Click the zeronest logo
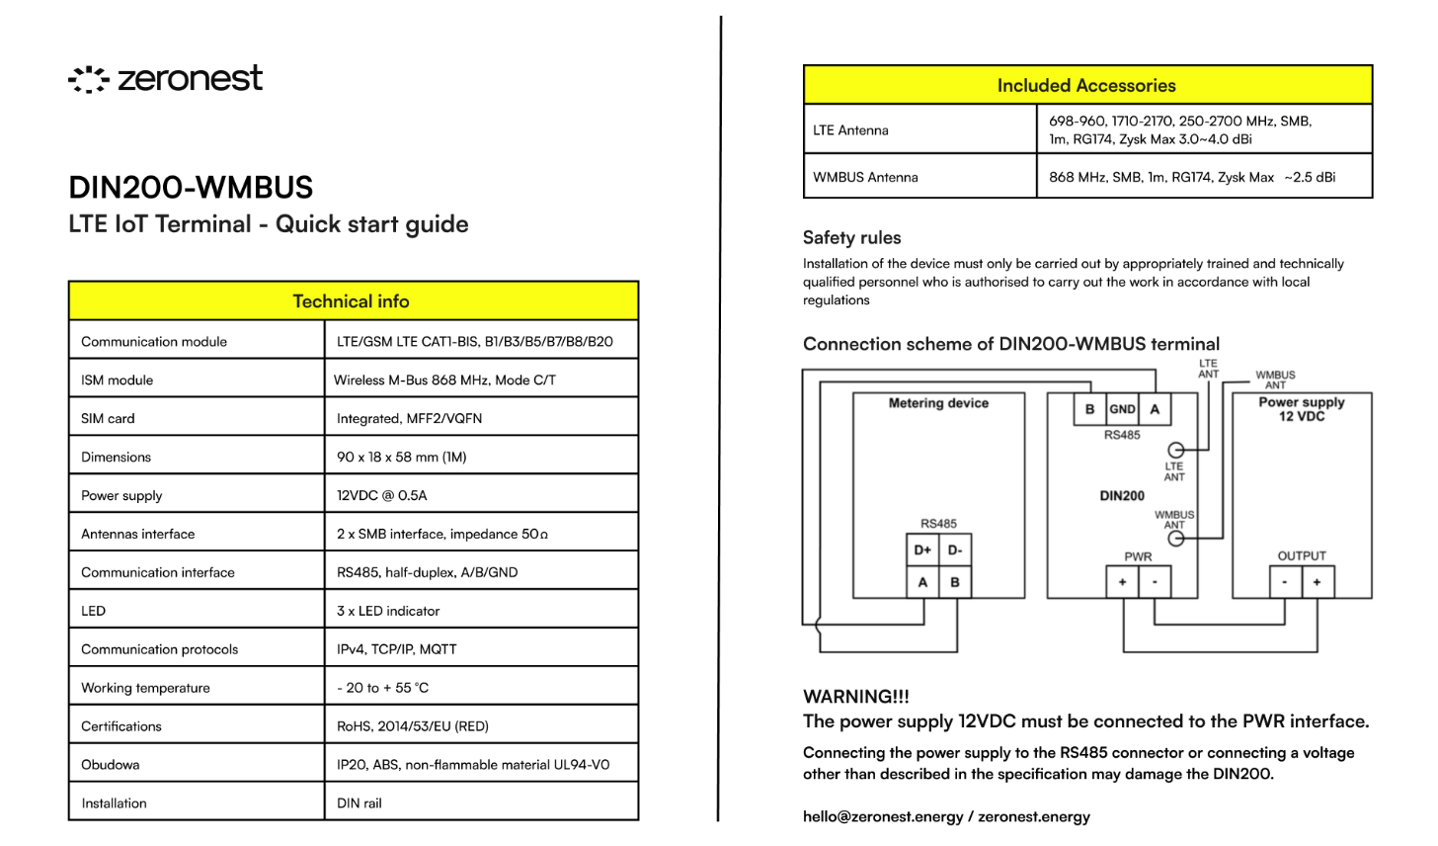[166, 79]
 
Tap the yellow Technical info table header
[353, 301]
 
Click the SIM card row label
[109, 418]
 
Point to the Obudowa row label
[111, 764]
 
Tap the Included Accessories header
[1086, 86]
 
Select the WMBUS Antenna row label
[866, 177]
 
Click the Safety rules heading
[851, 237]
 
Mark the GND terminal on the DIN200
[1122, 409]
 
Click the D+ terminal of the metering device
[922, 550]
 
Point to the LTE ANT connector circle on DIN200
[1175, 450]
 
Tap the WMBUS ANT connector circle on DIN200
[1175, 539]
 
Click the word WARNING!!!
[856, 696]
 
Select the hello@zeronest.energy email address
[883, 816]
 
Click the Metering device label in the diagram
[938, 403]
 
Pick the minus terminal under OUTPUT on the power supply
[1285, 582]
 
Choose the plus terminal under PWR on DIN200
[1122, 582]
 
